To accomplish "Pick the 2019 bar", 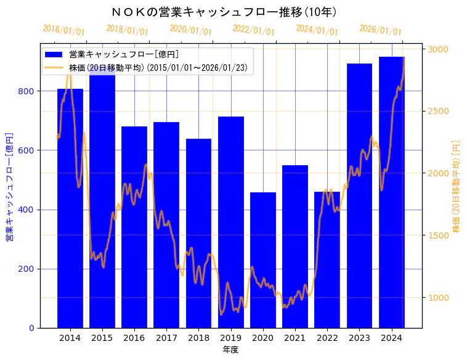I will (231, 222).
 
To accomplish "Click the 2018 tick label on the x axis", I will (198, 338).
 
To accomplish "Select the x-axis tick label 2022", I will (327, 338).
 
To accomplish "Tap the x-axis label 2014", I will (70, 338).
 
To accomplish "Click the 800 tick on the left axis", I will (27, 91).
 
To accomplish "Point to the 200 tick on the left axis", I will (27, 269).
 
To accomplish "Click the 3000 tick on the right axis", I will (439, 49).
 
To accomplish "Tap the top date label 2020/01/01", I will (190, 30).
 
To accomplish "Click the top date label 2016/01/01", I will (63, 30).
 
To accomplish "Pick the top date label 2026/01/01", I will (380, 30).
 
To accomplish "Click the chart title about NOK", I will (225, 12).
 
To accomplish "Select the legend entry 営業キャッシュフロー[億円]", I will (123, 55).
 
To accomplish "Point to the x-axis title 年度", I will (230, 350).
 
